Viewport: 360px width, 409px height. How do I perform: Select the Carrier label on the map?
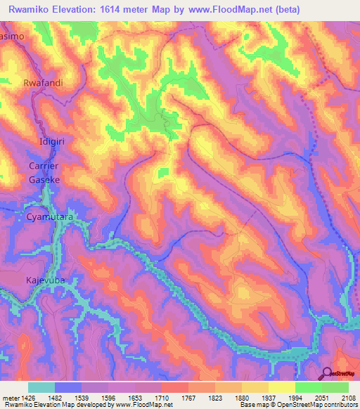[x=44, y=167]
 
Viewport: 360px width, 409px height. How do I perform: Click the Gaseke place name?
[x=44, y=180]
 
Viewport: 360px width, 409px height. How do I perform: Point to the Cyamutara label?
[x=49, y=218]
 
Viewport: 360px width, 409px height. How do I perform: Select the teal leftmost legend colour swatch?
[x=41, y=387]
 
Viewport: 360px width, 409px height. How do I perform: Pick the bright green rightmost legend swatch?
[x=335, y=387]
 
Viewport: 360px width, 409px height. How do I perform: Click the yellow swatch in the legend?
[x=282, y=387]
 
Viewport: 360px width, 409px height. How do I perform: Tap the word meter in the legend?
[x=11, y=397]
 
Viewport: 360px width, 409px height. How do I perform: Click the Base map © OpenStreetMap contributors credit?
[x=297, y=405]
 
